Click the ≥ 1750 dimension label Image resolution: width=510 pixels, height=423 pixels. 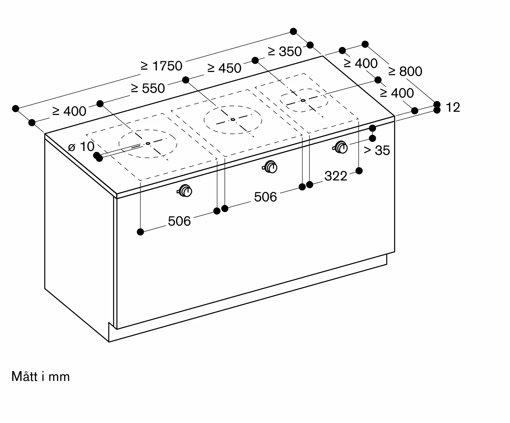(161, 66)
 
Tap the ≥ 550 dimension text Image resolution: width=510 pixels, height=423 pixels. (148, 88)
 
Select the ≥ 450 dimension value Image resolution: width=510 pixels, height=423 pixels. (224, 68)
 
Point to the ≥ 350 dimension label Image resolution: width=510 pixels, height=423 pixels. (285, 52)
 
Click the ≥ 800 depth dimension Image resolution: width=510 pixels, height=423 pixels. (405, 71)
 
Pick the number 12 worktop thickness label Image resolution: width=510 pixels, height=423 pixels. (453, 107)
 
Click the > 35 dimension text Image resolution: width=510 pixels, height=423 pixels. (377, 150)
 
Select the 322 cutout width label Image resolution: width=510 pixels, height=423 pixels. (336, 176)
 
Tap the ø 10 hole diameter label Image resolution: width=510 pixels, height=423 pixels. (81, 147)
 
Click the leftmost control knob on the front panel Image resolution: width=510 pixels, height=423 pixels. (185, 191)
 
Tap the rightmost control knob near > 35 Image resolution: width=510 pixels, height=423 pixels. (340, 147)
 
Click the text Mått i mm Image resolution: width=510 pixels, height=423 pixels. (41, 377)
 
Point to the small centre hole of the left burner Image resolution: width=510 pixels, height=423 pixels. (148, 144)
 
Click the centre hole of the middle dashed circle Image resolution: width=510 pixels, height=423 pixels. (233, 119)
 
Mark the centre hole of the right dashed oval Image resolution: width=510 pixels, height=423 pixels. (303, 100)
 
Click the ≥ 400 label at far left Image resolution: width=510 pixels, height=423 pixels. (69, 111)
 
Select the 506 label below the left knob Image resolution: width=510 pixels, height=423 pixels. (179, 221)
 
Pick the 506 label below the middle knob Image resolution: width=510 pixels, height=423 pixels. (265, 197)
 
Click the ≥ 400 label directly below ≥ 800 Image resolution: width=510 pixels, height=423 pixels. (397, 93)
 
